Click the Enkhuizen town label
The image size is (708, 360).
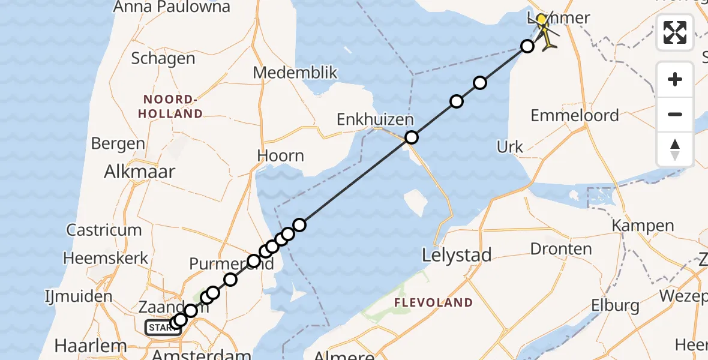pos(375,119)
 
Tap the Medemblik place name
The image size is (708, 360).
pos(295,73)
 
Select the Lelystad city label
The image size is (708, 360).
pos(457,255)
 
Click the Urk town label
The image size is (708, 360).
pos(510,147)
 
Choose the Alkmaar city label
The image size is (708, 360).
pos(140,172)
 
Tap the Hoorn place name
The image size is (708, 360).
pos(280,156)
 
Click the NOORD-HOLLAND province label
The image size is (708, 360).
pos(170,106)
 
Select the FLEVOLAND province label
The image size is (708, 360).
pos(433,303)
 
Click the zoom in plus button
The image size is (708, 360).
pos(675,79)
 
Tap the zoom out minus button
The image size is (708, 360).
pos(675,114)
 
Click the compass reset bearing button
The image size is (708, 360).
pos(675,149)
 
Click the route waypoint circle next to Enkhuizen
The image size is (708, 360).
pos(411,137)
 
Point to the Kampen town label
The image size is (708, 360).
pos(643,226)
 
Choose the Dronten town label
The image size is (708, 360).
pos(561,249)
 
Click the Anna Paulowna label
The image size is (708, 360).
pos(172,7)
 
